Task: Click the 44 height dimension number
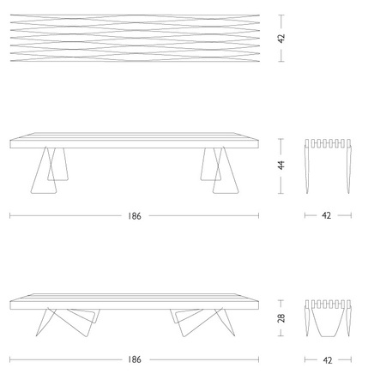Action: tap(281, 166)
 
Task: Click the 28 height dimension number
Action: tap(281, 318)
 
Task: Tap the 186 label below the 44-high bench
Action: tap(135, 216)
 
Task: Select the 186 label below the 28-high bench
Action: tap(135, 359)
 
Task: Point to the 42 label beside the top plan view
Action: tap(281, 39)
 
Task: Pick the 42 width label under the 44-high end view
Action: tap(327, 215)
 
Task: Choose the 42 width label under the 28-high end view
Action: tap(328, 360)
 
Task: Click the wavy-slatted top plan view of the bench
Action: tap(135, 38)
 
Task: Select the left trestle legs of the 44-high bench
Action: tap(50, 171)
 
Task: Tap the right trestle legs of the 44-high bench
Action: tap(220, 171)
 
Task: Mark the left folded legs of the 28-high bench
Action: tap(68, 323)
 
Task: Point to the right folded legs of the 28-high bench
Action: tap(202, 323)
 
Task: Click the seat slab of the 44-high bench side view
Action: tap(135, 141)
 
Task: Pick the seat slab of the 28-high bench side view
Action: tap(135, 301)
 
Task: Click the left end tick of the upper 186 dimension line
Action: tap(10, 215)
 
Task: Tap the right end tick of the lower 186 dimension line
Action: tap(258, 359)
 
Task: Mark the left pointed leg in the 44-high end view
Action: tap(307, 166)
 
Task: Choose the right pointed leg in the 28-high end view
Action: tap(349, 318)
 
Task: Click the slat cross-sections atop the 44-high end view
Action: tap(328, 143)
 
